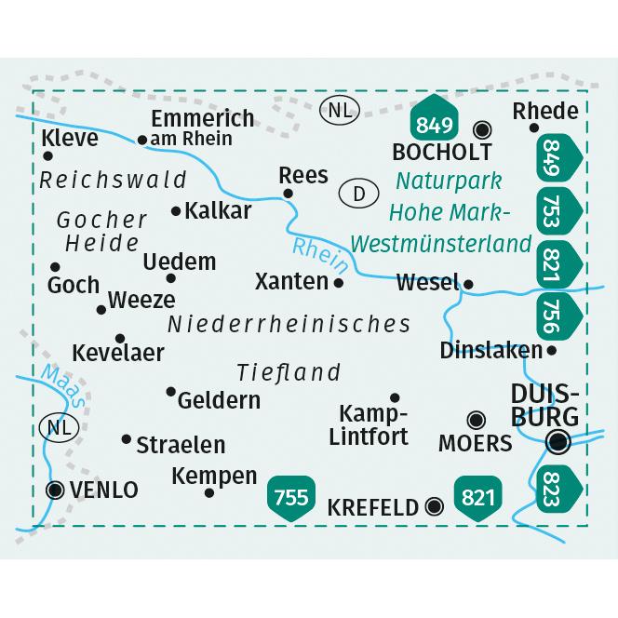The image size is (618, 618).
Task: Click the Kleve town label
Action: coord(71,140)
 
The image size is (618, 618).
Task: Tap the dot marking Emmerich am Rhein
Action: coord(141,141)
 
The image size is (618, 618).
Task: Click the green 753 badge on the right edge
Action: coord(556,203)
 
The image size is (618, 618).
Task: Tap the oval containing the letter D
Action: coord(358,194)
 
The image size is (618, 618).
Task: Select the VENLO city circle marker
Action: coord(55,488)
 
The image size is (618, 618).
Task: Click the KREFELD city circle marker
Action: coord(433,506)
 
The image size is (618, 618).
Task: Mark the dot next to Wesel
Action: coord(470,285)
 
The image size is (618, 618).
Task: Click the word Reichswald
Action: coord(114,180)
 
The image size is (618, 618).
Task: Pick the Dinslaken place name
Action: coord(490,351)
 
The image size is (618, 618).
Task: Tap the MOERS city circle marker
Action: coord(477,420)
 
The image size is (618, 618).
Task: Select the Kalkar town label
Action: coord(219,211)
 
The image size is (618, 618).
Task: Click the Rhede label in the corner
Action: coord(545,111)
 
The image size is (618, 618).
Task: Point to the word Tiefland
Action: coord(289,372)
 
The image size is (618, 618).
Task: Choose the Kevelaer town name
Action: coord(118,353)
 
